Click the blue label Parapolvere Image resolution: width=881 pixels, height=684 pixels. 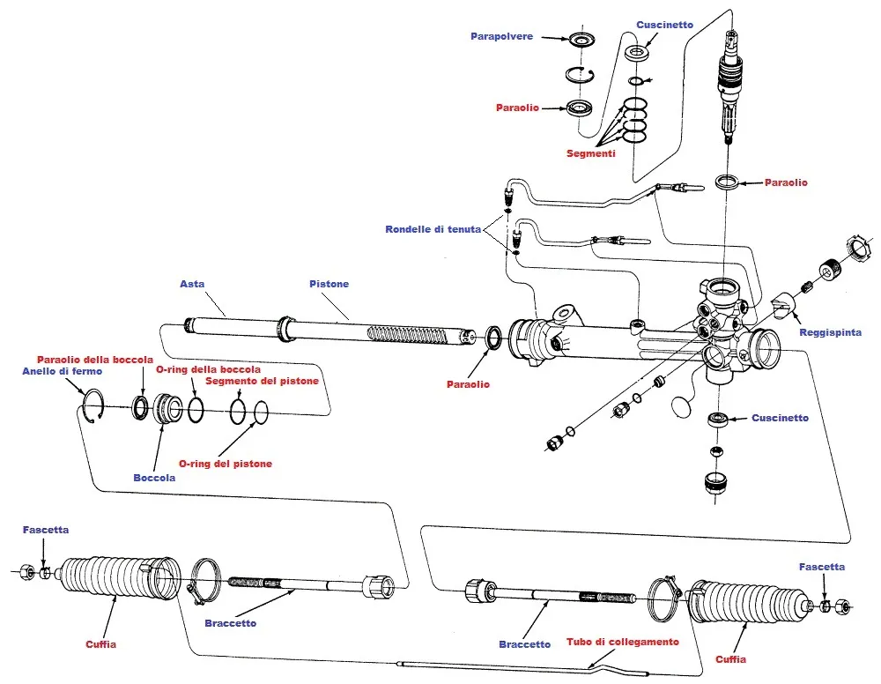501,37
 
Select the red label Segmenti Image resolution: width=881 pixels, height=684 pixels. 590,152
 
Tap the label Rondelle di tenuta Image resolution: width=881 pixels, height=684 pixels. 433,229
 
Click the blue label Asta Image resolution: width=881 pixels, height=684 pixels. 192,284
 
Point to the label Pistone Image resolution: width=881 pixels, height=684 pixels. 329,284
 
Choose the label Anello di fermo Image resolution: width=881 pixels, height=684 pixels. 62,371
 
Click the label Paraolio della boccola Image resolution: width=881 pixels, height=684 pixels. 95,359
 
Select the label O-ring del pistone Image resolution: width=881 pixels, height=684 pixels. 226,464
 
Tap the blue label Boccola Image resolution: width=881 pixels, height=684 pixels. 154,478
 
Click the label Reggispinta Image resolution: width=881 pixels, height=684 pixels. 830,332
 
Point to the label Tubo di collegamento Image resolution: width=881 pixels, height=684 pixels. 623,642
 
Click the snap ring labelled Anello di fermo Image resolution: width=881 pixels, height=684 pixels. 94,408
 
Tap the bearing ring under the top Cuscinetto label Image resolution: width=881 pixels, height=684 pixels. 636,53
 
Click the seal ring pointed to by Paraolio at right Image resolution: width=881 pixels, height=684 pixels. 727,182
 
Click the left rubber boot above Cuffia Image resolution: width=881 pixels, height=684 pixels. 115,577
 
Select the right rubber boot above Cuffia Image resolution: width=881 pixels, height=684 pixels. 748,602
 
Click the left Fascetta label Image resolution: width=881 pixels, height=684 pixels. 46,530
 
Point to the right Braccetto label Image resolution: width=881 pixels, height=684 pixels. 524,644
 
